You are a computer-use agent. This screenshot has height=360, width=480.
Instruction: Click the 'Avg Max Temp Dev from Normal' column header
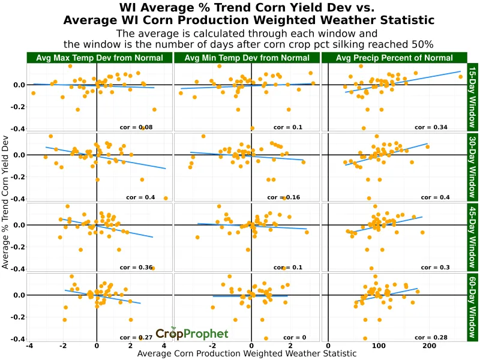(x=100, y=58)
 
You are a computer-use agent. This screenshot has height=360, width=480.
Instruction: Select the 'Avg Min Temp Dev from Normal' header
(x=247, y=58)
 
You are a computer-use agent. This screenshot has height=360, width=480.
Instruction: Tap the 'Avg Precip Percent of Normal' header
(x=394, y=58)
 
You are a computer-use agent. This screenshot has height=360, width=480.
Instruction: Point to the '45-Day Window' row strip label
(x=472, y=237)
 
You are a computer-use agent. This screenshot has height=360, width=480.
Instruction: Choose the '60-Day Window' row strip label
(x=472, y=307)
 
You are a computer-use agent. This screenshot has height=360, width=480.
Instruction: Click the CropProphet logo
(x=191, y=334)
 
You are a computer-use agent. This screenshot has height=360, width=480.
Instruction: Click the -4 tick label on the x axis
(x=29, y=346)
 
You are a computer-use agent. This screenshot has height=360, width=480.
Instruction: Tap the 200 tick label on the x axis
(x=429, y=346)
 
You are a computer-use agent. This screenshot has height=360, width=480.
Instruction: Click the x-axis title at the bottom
(x=247, y=354)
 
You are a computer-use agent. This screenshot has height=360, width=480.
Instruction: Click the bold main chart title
(x=247, y=14)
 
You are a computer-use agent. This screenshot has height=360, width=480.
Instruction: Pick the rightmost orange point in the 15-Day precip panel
(x=460, y=77)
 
